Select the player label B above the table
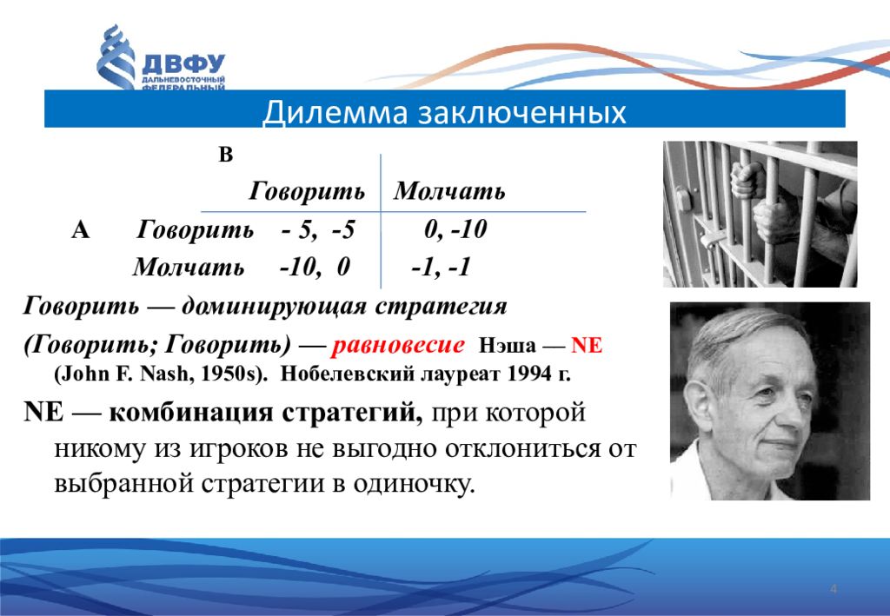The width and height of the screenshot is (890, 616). click(226, 155)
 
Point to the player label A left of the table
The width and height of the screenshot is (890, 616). click(81, 229)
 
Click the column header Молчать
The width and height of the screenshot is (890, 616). click(449, 191)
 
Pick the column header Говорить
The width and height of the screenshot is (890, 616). click(307, 192)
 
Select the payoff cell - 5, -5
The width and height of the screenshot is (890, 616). click(318, 229)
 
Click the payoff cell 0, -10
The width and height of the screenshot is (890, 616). click(455, 229)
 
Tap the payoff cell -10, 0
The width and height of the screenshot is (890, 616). click(315, 267)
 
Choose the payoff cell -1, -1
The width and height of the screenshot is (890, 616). click(441, 267)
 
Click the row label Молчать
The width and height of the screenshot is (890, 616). click(189, 267)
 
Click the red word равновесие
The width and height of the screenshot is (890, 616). click(398, 344)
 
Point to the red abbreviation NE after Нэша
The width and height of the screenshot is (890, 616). click(587, 345)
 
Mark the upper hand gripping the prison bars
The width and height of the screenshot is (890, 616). click(747, 181)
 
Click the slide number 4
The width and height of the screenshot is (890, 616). click(834, 588)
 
